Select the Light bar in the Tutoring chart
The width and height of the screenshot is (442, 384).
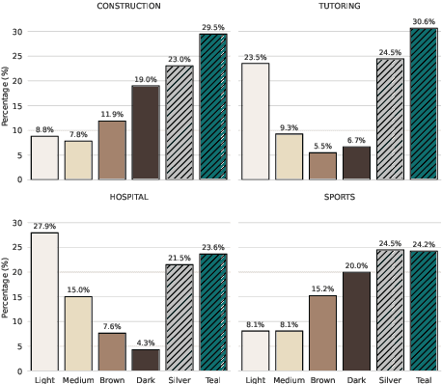pyautogui.click(x=254, y=122)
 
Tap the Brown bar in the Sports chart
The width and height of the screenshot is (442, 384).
pyautogui.click(x=321, y=333)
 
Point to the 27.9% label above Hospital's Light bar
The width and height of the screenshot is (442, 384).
pyautogui.click(x=44, y=226)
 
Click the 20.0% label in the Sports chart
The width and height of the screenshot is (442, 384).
pyautogui.click(x=355, y=265)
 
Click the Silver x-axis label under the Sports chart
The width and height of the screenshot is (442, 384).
pyautogui.click(x=389, y=378)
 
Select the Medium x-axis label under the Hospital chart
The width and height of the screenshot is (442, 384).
pyautogui.click(x=78, y=378)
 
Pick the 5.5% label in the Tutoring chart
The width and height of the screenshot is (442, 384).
pyautogui.click(x=321, y=146)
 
